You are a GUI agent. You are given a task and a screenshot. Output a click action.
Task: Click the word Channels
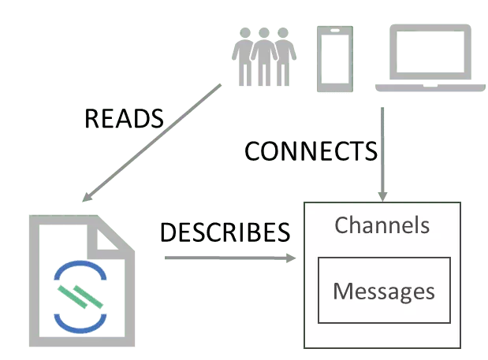click(x=382, y=225)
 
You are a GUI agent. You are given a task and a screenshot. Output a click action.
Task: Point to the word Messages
click(x=384, y=291)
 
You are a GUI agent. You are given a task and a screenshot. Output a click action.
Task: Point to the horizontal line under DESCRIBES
click(x=229, y=255)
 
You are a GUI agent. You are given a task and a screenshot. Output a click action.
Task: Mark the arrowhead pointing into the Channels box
click(x=383, y=195)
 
